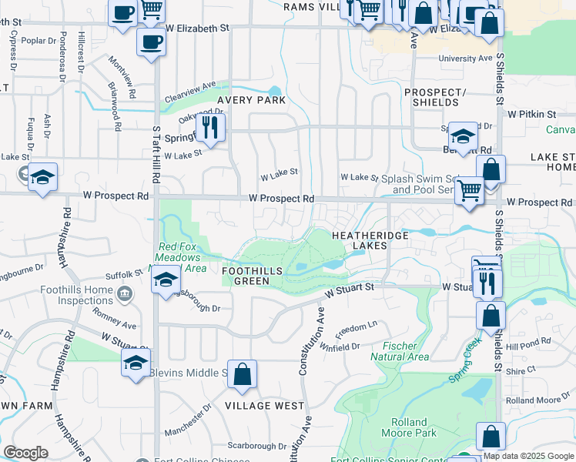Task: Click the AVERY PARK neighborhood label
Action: click(x=250, y=100)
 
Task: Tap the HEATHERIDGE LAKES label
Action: click(x=359, y=239)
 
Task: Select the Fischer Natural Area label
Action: click(x=399, y=351)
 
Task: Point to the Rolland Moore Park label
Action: click(x=408, y=427)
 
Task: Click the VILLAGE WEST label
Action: click(x=264, y=405)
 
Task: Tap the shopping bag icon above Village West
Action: click(x=242, y=374)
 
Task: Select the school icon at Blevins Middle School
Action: click(x=136, y=363)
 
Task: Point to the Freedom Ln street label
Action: click(x=356, y=326)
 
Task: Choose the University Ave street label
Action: click(x=464, y=59)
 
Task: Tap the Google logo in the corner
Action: click(x=26, y=453)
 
